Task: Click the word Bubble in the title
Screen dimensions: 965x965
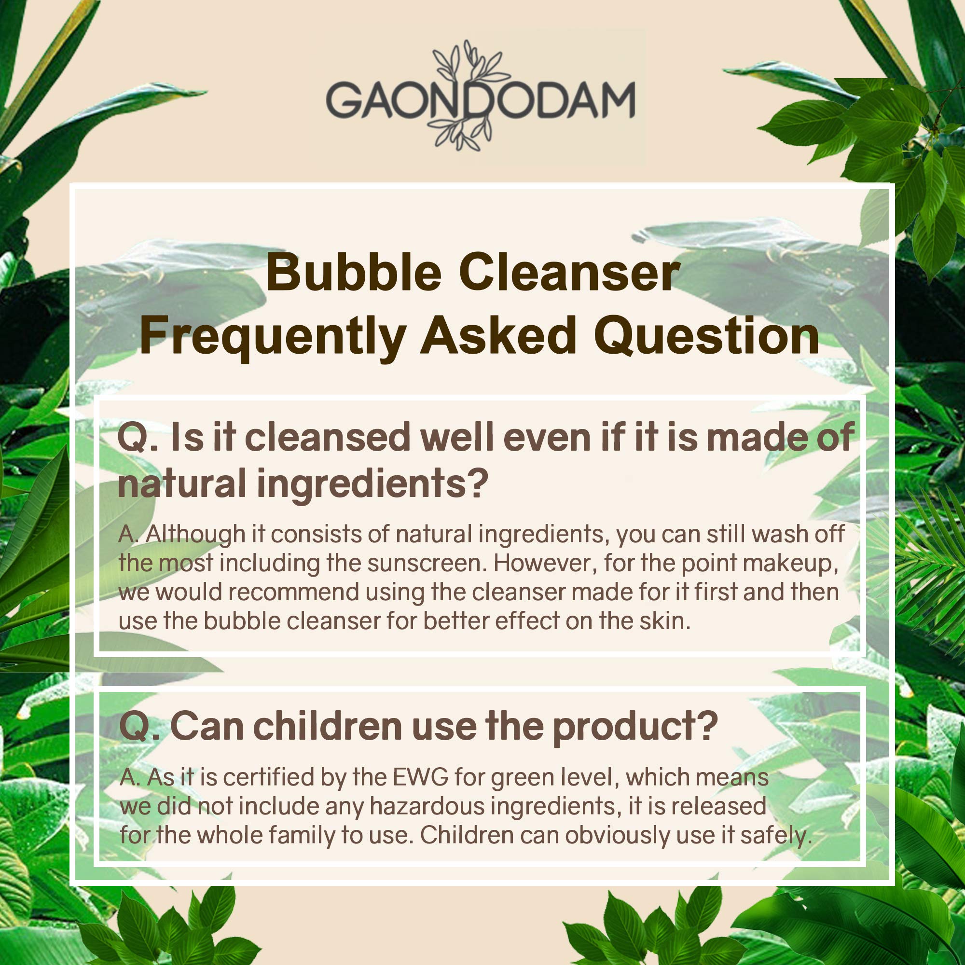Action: pyautogui.click(x=353, y=273)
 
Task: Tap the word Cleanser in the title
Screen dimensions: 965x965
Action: pyautogui.click(x=570, y=273)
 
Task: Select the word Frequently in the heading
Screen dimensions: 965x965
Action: pyautogui.click(x=272, y=336)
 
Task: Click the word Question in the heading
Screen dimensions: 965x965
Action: pyautogui.click(x=706, y=336)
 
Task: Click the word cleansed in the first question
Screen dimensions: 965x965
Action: pyautogui.click(x=327, y=437)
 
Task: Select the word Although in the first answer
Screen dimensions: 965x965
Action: pyautogui.click(x=195, y=535)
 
